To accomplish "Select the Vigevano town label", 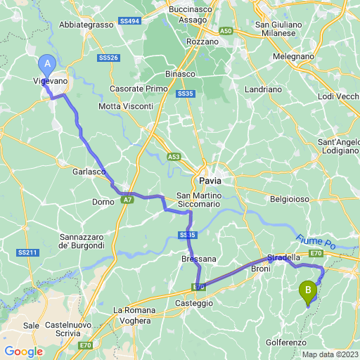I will pyautogui.click(x=50, y=82).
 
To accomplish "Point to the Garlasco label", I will pyautogui.click(x=89, y=172).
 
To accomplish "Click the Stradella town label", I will pyautogui.click(x=283, y=258).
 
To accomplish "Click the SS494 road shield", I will pyautogui.click(x=129, y=22).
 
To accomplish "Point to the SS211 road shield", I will pyautogui.click(x=27, y=252).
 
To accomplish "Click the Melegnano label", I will pyautogui.click(x=292, y=55).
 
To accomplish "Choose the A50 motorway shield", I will pyautogui.click(x=225, y=32).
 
